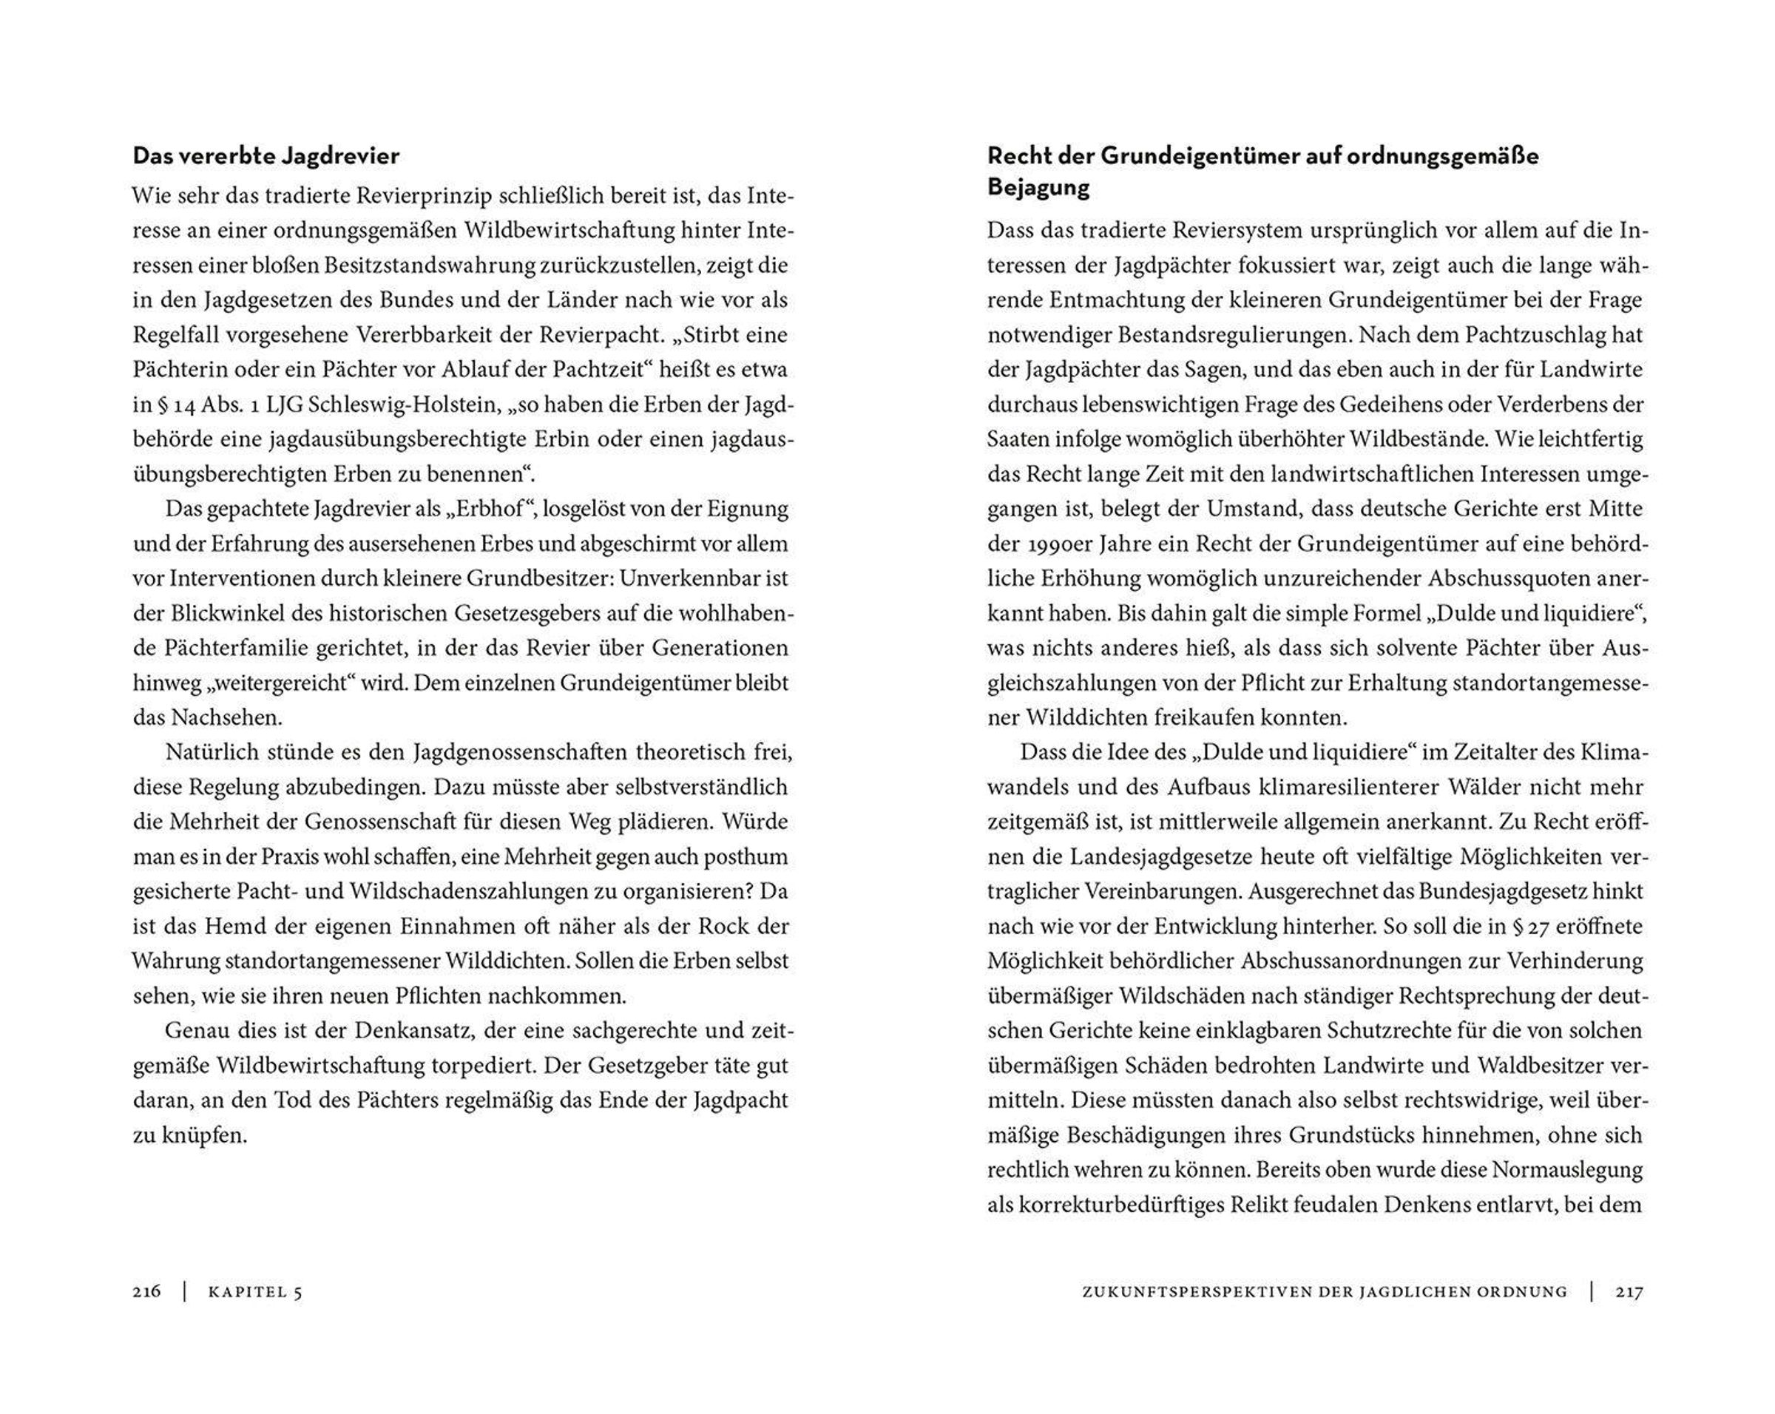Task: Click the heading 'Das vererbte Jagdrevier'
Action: coord(266,155)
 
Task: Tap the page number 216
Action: coord(146,1292)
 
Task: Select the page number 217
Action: coord(1629,1292)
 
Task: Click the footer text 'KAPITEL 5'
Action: coord(255,1292)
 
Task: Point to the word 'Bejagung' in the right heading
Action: coord(1038,188)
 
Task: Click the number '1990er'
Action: coord(1064,544)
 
